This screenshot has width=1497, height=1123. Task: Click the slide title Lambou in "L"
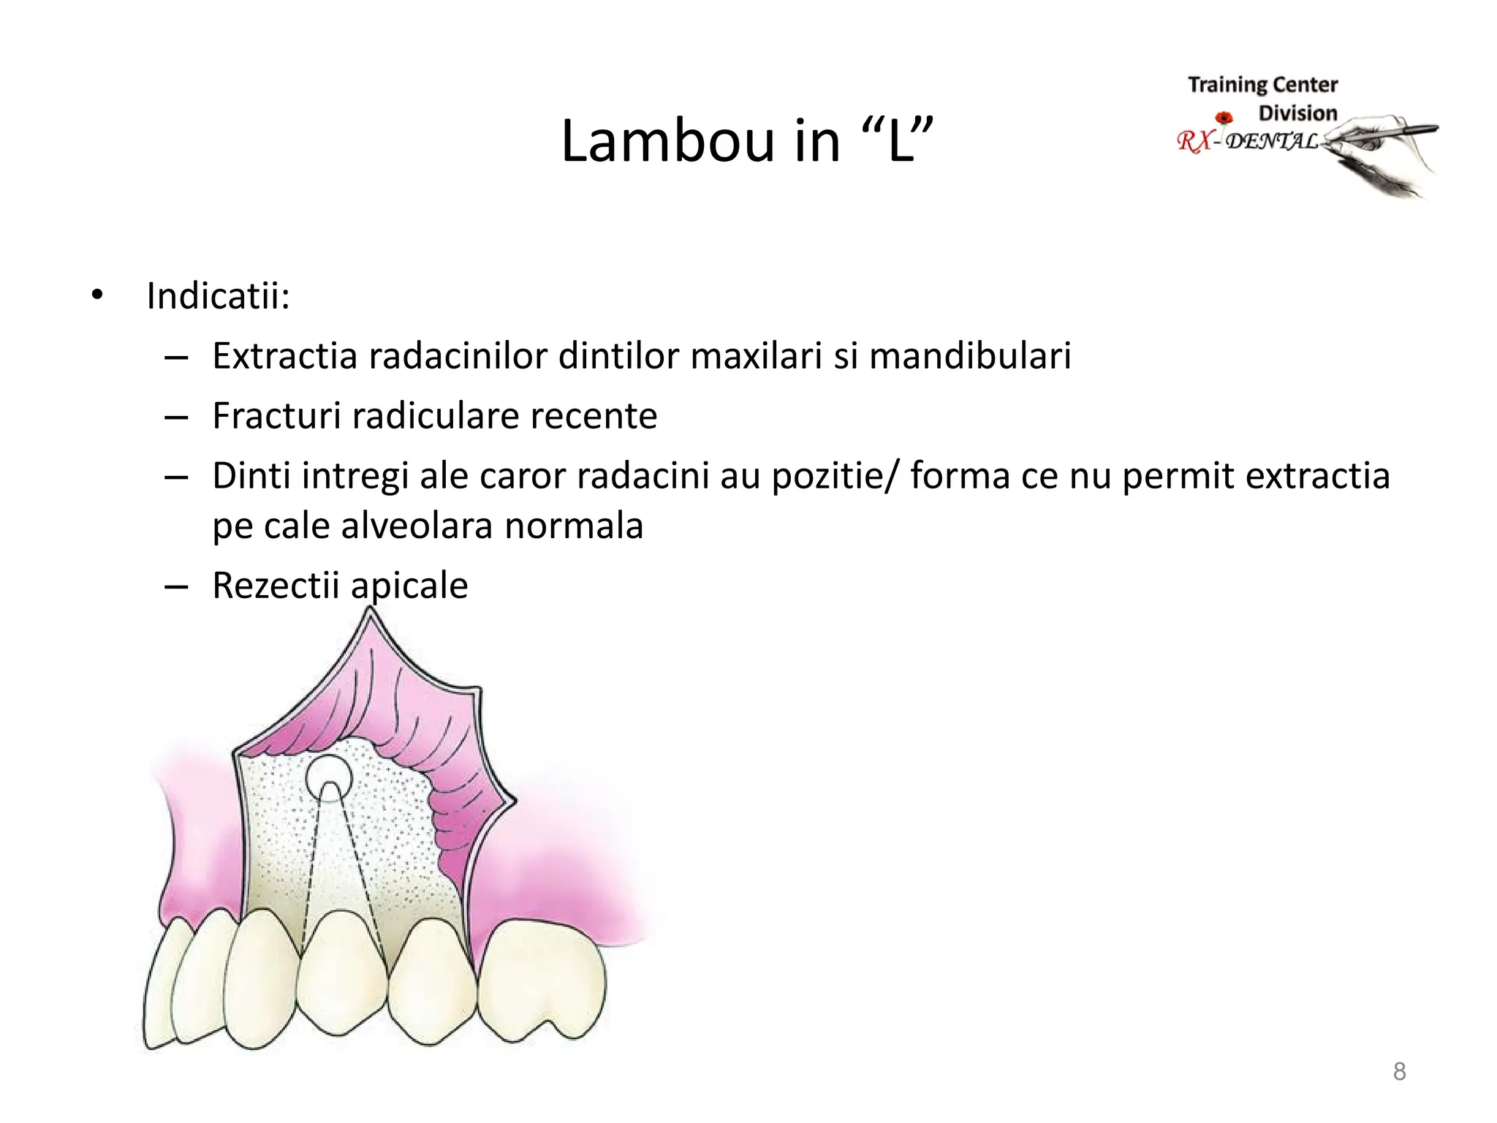746,140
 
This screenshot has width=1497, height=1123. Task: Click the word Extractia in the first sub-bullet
286,356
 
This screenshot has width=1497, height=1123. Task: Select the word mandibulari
970,356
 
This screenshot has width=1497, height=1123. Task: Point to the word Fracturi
276,416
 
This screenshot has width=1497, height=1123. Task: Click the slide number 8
1399,1071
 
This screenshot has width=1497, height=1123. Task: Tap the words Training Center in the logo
1262,85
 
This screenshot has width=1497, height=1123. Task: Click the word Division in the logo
1297,113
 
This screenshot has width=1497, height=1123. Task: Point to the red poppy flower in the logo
1224,118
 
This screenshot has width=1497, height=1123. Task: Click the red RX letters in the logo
1194,141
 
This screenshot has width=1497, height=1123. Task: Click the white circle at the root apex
328,776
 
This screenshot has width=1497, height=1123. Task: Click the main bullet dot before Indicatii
97,295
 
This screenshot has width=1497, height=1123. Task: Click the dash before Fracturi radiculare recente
176,417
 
